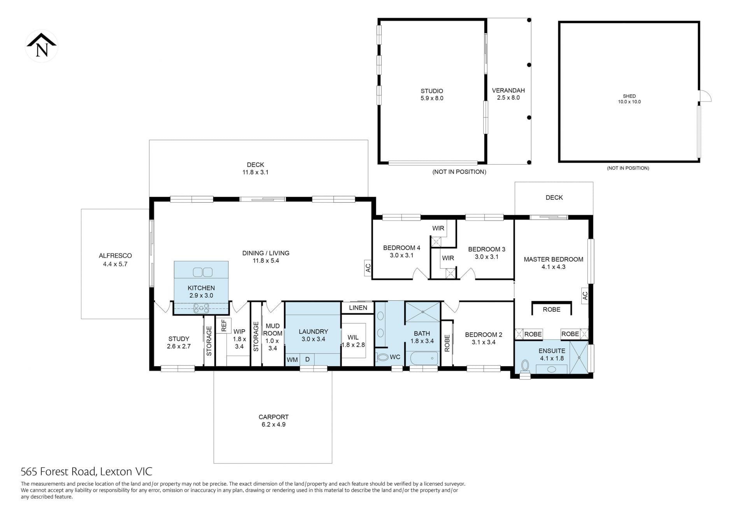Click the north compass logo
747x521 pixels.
click(42, 46)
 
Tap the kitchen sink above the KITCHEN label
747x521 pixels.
click(202, 272)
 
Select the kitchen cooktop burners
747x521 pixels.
click(201, 308)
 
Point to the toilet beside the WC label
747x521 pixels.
click(383, 357)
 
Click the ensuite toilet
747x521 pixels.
click(525, 366)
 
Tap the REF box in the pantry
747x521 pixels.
click(224, 326)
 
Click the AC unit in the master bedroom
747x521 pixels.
click(585, 296)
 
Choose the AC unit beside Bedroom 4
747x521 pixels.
click(368, 268)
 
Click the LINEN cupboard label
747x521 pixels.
click(358, 308)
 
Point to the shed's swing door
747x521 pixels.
click(705, 96)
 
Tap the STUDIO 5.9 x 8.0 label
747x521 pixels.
click(432, 95)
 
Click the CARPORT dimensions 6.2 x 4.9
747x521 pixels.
click(274, 425)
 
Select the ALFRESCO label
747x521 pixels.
click(115, 256)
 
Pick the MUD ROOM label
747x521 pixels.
click(273, 330)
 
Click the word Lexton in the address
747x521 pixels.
click(116, 472)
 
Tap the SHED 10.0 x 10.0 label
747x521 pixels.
click(629, 99)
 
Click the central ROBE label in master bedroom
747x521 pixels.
click(552, 309)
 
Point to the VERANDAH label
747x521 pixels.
click(508, 91)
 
